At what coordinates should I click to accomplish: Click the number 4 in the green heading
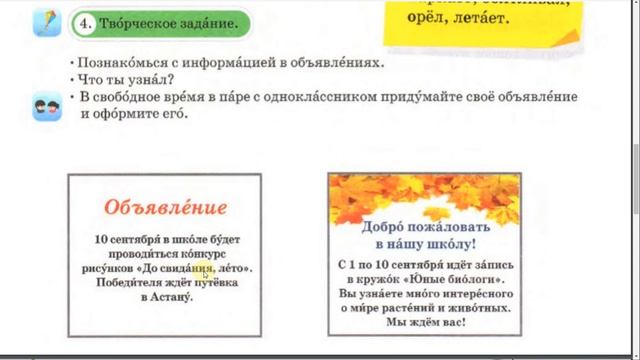(88, 21)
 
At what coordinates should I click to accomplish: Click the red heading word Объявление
(165, 208)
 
